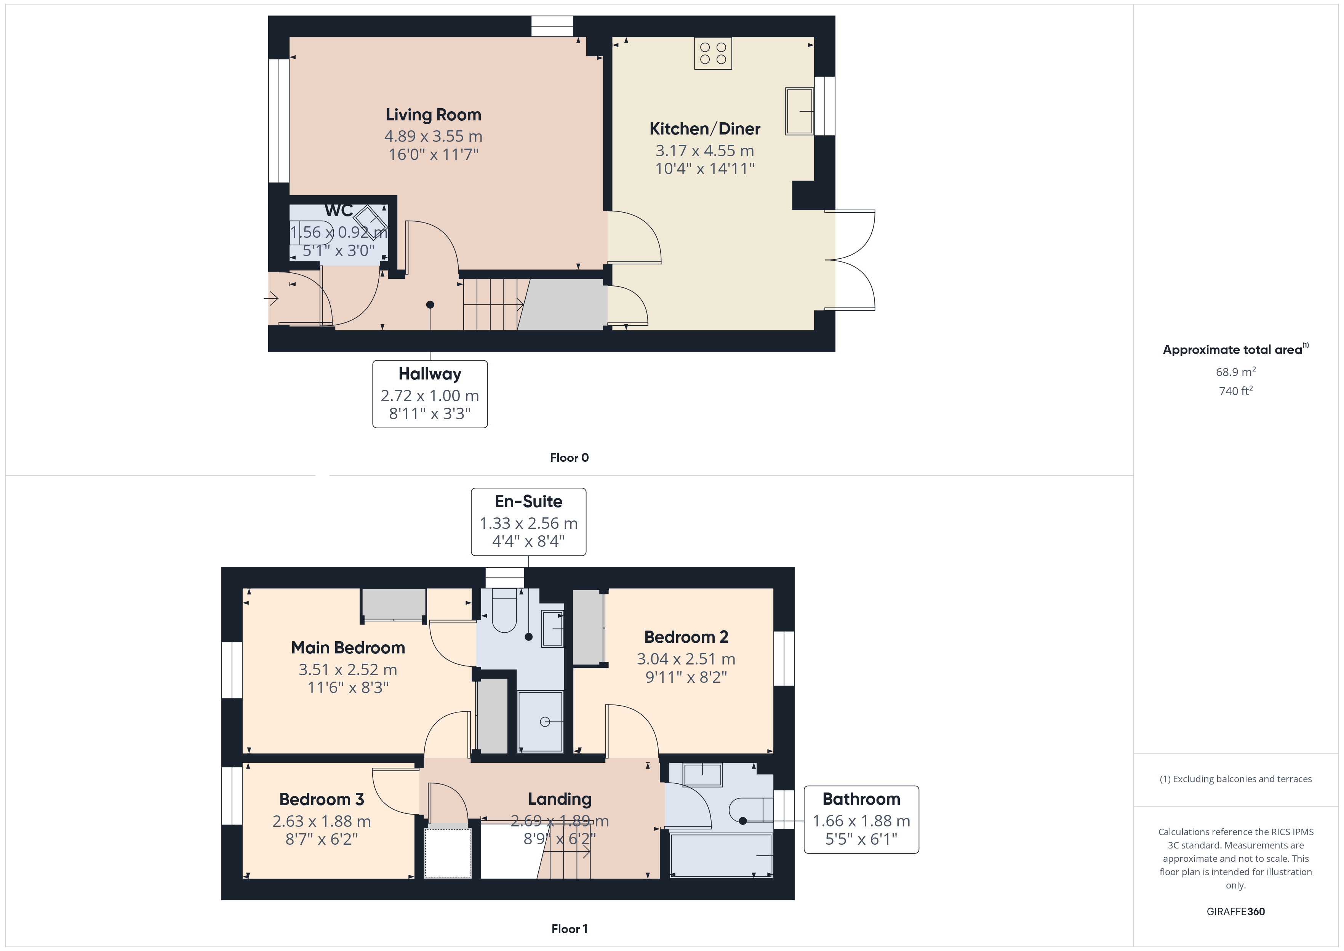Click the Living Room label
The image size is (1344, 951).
click(x=433, y=115)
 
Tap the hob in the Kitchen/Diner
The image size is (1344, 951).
click(x=713, y=53)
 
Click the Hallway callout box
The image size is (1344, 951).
click(x=430, y=394)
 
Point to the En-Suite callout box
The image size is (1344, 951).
click(x=529, y=522)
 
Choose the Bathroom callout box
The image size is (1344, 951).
click(x=861, y=819)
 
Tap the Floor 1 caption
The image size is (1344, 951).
click(x=569, y=929)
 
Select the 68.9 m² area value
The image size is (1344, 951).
click(x=1236, y=372)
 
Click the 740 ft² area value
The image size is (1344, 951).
click(x=1236, y=391)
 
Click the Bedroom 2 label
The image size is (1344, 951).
click(x=686, y=637)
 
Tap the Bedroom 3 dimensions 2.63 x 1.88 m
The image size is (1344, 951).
click(x=322, y=821)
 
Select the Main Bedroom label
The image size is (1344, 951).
click(x=348, y=648)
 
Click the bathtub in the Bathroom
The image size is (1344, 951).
click(x=721, y=855)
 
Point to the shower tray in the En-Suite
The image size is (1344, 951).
click(x=540, y=722)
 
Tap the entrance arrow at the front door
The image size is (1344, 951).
click(x=270, y=299)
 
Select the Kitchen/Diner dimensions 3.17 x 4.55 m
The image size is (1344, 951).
click(x=705, y=150)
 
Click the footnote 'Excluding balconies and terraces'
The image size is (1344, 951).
click(x=1236, y=779)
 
